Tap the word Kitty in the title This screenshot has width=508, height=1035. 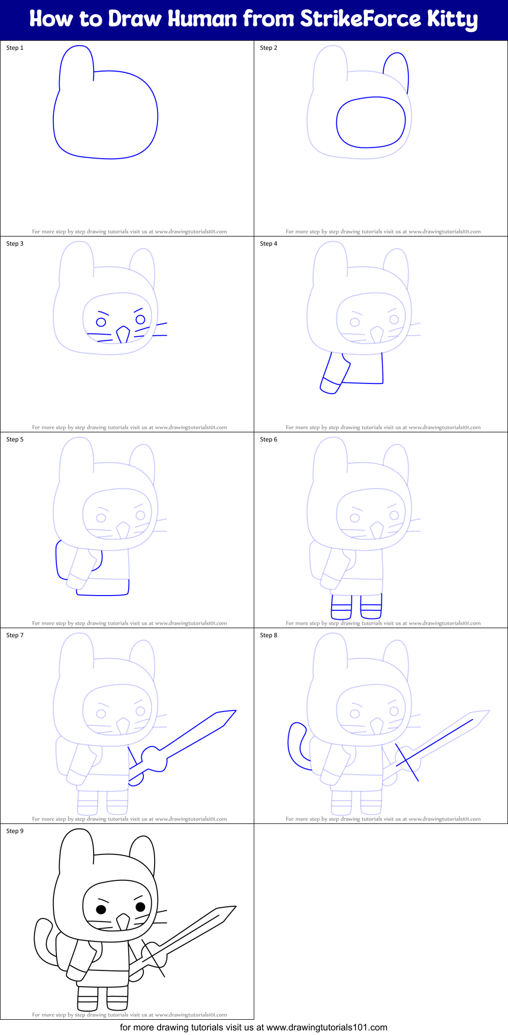tap(452, 20)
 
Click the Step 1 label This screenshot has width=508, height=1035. tap(15, 48)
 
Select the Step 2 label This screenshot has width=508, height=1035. tap(268, 48)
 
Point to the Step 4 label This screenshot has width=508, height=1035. tap(268, 244)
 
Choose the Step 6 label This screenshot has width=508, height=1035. tap(268, 439)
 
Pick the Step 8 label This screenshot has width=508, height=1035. tap(268, 635)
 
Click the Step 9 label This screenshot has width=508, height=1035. tap(15, 831)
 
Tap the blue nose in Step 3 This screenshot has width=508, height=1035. tap(123, 335)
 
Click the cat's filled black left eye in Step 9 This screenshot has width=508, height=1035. tap(101, 909)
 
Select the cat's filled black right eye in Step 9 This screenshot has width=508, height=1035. tap(141, 906)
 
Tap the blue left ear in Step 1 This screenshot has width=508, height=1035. tap(77, 64)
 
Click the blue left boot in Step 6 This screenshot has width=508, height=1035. tap(341, 607)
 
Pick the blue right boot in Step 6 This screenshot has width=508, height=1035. tap(371, 607)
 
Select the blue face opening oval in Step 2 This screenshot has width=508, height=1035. tap(371, 123)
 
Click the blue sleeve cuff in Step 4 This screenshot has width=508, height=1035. tap(330, 386)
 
